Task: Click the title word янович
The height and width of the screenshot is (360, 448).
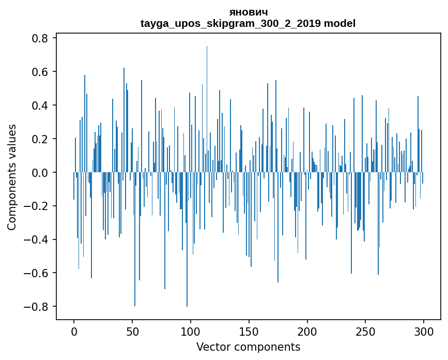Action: coord(248,12)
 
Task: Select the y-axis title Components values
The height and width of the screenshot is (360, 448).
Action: coord(12,177)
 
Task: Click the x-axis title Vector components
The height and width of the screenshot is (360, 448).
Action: coord(248,347)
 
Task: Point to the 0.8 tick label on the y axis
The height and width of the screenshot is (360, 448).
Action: coord(38,38)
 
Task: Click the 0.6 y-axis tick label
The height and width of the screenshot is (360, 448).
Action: coord(38,72)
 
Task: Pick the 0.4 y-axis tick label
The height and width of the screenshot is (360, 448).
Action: coord(38,106)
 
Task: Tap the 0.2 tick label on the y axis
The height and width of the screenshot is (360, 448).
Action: coord(38,139)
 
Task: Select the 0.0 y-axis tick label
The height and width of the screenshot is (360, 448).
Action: coord(38,172)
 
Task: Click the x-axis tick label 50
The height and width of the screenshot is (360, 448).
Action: coord(132,331)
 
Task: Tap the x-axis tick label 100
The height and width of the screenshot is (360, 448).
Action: coord(191,331)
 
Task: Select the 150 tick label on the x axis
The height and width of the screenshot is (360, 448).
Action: coord(249,331)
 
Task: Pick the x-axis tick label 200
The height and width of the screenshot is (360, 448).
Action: coord(307,331)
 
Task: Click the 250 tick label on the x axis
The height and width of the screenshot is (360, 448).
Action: coord(366,331)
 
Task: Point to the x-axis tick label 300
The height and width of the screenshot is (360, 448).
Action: coord(424,331)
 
